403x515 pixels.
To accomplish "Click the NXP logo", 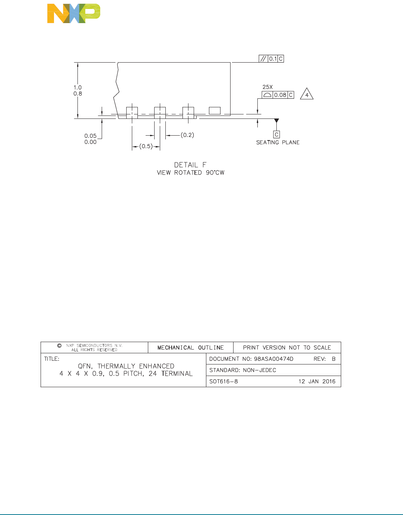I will [x=73, y=14].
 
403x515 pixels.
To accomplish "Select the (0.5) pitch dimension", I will [x=146, y=146].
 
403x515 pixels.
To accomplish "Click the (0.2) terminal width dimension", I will [x=187, y=135].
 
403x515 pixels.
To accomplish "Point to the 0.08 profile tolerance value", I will [x=280, y=95].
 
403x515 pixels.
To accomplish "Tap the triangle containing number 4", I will [x=307, y=95].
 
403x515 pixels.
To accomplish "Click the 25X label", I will [x=267, y=87].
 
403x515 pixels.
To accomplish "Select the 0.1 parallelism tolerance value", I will [x=273, y=59].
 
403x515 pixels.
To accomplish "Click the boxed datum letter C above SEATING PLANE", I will [x=276, y=135].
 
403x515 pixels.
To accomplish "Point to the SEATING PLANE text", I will [x=278, y=142].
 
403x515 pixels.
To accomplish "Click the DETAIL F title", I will [x=190, y=165].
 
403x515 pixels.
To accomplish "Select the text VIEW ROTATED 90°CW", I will [x=191, y=173].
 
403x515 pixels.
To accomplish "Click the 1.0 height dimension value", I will [x=77, y=88].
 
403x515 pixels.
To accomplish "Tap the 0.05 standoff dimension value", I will [x=90, y=136].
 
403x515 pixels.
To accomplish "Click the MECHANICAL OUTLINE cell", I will [x=190, y=348].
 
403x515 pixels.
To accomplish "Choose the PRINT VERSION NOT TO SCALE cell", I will [x=287, y=348].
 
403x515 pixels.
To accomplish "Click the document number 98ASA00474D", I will [x=274, y=359].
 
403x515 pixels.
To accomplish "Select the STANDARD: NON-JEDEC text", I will [x=243, y=370].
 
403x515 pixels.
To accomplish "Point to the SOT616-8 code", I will [x=223, y=381].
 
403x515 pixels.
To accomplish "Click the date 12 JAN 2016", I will [x=317, y=381].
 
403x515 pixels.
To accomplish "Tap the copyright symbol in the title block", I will [x=59, y=346].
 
